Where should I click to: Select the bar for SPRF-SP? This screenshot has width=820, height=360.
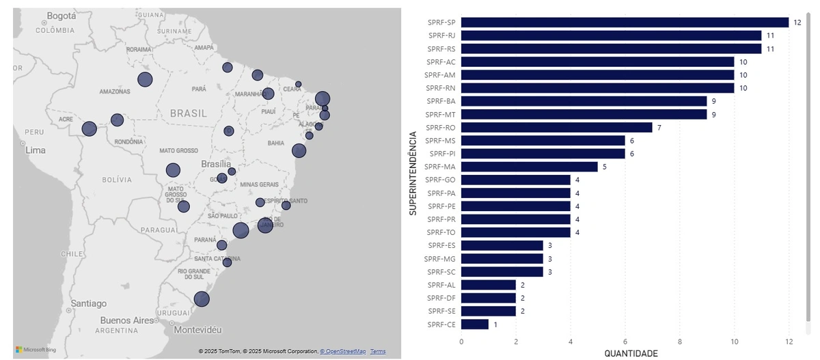pos(625,23)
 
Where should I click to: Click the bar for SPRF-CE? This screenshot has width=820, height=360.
pos(475,324)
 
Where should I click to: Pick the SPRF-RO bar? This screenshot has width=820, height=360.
pos(556,128)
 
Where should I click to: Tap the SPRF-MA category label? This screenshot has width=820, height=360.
pos(439,167)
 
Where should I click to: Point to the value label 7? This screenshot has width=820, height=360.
pos(659,128)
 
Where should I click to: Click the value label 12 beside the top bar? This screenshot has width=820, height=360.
pos(797,23)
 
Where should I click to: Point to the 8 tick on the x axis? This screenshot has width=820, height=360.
pos(680,342)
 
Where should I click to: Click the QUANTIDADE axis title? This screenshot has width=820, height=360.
pos(631,353)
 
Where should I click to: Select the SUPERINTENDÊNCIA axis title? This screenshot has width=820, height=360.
pos(413,173)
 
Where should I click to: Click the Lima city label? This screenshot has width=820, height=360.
pos(36,150)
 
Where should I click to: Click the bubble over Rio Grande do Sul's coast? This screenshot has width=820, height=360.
pos(201,299)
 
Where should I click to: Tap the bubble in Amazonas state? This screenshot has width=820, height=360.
pos(145,79)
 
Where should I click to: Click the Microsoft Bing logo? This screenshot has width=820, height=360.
pos(36,350)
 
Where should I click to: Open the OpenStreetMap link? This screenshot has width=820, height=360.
pos(343,351)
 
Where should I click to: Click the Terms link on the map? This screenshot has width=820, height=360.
pos(378,351)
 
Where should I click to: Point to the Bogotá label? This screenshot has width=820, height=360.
pos(61,15)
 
